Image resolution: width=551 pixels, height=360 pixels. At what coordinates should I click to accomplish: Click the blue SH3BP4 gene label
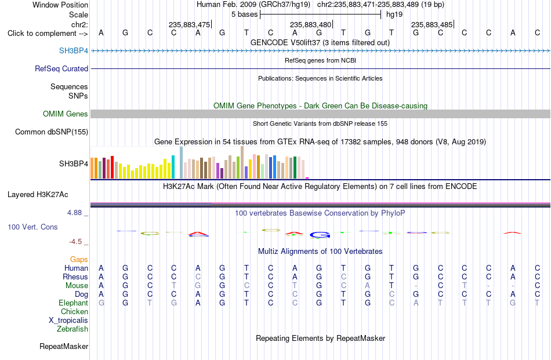(74, 50)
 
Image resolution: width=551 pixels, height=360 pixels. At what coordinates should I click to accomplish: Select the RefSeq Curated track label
(61, 68)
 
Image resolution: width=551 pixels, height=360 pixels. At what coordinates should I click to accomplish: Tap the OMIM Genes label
(65, 114)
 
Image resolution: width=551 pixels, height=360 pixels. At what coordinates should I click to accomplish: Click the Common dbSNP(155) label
(51, 132)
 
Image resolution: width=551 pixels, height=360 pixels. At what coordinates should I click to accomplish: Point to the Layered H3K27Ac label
(38, 195)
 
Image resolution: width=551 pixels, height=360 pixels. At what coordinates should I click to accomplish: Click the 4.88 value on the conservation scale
(74, 213)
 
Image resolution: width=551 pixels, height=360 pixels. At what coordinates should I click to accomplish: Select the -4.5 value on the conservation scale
(75, 242)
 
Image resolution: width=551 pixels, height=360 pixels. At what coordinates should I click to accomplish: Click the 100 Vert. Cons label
(32, 227)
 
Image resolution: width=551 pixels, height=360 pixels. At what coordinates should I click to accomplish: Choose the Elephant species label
(73, 303)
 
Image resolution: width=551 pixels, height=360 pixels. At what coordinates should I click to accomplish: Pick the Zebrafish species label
(72, 329)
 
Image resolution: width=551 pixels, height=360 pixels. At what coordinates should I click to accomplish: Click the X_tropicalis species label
(68, 321)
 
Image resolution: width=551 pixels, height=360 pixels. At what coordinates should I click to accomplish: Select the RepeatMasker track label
(64, 346)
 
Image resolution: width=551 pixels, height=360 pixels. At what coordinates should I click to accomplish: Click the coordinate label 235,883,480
(311, 24)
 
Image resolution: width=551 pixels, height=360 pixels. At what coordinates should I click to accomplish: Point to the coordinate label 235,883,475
(190, 24)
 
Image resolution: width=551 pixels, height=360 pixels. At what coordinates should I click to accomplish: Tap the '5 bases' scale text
(244, 14)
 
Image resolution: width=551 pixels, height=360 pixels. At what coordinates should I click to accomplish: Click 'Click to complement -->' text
(48, 34)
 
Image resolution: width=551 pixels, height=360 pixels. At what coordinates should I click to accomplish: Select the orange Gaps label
(79, 259)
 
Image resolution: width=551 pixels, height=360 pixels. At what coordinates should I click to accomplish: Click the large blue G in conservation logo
(320, 235)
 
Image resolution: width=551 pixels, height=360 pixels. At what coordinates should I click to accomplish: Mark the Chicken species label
(74, 311)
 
